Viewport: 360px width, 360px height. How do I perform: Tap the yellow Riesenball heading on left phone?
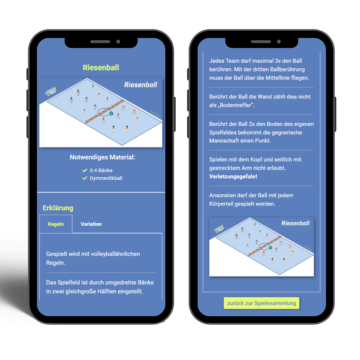coord(101,67)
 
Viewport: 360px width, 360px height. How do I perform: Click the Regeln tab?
coord(56,224)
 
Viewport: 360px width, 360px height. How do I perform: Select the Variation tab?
coord(91,224)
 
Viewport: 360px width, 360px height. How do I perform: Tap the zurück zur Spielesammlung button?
coord(262,303)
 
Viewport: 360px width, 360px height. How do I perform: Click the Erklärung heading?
coord(58,208)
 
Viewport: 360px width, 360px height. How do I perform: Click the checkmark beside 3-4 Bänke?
coord(85,170)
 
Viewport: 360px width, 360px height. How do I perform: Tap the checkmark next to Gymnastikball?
coord(85,178)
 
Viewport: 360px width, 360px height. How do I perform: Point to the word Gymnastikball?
coord(106,178)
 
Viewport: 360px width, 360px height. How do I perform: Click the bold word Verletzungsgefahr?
coord(233,176)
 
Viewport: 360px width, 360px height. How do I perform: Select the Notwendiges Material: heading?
coord(102,157)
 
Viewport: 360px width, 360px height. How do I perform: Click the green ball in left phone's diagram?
coord(111,113)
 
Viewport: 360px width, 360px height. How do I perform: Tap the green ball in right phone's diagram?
coord(270,248)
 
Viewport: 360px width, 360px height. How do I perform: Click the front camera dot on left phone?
coord(118,42)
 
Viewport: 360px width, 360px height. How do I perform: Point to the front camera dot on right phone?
coord(279,42)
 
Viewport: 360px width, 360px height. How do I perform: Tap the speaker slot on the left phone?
coord(100,42)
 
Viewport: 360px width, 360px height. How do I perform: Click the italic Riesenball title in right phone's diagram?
coord(295,223)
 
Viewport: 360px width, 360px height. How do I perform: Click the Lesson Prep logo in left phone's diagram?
coord(51,91)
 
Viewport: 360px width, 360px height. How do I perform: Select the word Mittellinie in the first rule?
coord(278,78)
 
